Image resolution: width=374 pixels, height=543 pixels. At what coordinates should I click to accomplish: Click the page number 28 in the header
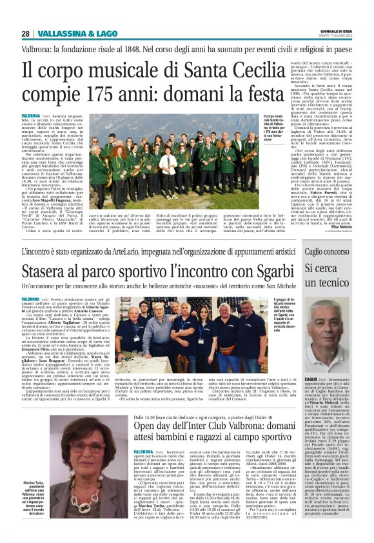click(25, 34)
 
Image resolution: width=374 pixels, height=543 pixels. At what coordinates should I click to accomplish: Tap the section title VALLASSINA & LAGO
click(68, 34)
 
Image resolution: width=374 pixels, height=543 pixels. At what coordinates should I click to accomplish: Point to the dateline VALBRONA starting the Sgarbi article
click(30, 300)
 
